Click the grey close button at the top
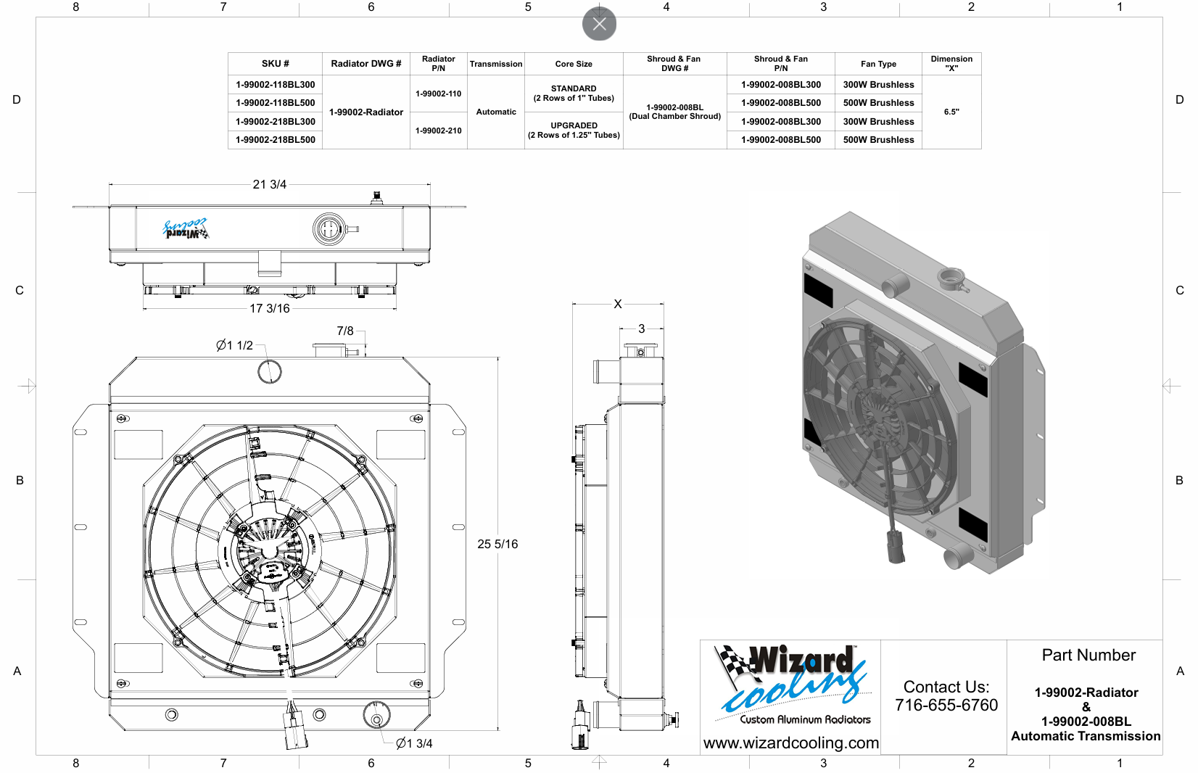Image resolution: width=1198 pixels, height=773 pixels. (599, 24)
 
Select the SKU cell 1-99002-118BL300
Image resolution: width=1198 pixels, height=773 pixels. (276, 85)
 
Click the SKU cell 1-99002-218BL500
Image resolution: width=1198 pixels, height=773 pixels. (276, 140)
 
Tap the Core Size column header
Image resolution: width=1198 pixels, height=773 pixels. (574, 64)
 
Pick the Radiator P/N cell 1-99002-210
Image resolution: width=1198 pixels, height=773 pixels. (439, 131)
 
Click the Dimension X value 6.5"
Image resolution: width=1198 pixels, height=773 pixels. (951, 112)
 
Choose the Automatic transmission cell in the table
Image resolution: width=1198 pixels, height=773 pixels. (496, 112)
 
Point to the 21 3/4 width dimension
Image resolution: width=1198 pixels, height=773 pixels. (270, 184)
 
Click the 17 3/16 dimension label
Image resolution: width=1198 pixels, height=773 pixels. (270, 308)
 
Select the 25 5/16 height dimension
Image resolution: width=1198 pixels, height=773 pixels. (497, 544)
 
